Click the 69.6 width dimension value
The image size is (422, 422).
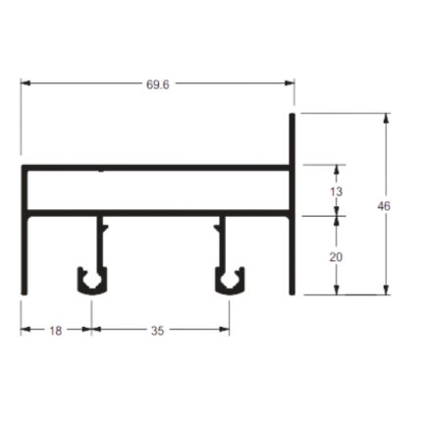point(158,84)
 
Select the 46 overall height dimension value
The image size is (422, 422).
point(384,206)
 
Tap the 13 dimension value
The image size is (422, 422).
point(336,191)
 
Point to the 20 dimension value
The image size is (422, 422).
point(336,257)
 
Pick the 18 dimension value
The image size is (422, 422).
point(56,331)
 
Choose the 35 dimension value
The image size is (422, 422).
point(157,331)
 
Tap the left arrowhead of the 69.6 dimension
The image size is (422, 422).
point(26,83)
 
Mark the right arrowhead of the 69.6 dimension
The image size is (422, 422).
point(290,83)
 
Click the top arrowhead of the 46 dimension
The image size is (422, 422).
point(387,119)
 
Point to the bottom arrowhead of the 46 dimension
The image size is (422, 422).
point(387,290)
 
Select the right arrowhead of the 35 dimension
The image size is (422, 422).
point(225,329)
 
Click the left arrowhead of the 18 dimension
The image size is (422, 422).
point(26,329)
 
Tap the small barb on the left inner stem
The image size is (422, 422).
point(105,227)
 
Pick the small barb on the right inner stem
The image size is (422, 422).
point(217,227)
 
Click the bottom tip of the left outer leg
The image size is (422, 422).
point(24,293)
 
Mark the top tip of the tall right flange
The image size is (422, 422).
point(292,114)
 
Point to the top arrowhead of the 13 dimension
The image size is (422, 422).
point(337,170)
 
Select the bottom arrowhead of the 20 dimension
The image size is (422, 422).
point(337,290)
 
